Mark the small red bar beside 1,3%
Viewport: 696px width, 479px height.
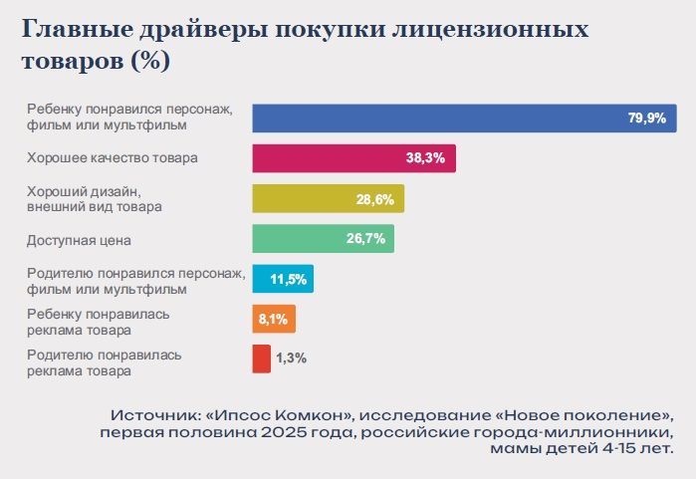pyautogui.click(x=262, y=359)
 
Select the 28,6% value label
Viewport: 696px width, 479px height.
pyautogui.click(x=375, y=199)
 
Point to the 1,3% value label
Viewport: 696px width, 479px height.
pyautogui.click(x=292, y=359)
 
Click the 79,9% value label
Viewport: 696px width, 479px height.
pyautogui.click(x=646, y=118)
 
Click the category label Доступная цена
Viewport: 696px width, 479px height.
pyautogui.click(x=80, y=240)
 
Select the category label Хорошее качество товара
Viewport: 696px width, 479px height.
pyautogui.click(x=113, y=157)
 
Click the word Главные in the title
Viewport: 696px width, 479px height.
pyautogui.click(x=69, y=30)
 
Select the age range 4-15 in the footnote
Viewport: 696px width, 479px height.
pyautogui.click(x=608, y=450)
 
